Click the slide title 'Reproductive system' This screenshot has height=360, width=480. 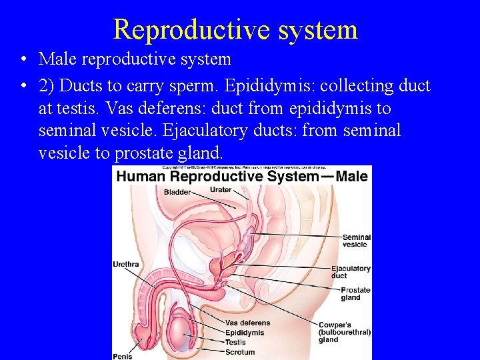(235, 29)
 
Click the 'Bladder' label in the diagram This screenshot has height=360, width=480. (177, 192)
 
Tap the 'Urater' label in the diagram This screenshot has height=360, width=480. (221, 190)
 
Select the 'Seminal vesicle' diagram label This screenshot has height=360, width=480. (356, 241)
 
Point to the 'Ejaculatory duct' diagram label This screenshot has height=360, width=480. (351, 272)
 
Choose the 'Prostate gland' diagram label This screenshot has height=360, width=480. (355, 294)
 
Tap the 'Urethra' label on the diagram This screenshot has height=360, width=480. (126, 265)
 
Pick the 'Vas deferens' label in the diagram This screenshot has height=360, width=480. (247, 323)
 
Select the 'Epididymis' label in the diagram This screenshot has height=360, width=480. (245, 333)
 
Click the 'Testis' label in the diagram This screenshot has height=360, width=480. (235, 343)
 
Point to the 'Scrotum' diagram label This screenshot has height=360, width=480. (240, 352)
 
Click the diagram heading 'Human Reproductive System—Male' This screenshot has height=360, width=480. (242, 176)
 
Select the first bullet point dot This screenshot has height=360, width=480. (23, 60)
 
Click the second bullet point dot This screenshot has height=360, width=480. (23, 87)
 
